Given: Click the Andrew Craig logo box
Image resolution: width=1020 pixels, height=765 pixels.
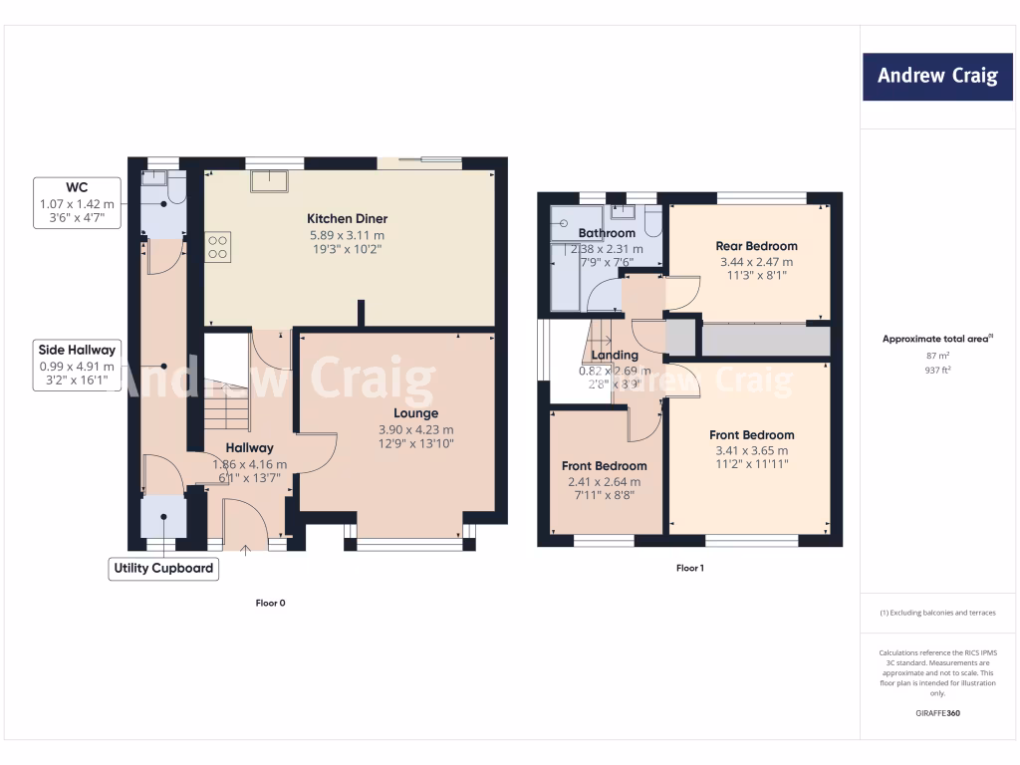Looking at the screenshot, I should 936,76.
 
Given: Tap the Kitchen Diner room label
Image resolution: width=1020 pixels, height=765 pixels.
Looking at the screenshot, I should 347,218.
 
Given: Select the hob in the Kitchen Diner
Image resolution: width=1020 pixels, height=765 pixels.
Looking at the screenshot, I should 218,247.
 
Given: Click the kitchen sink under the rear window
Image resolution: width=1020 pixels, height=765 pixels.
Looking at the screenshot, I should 270,180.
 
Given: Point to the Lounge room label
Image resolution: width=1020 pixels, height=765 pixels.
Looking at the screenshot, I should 415,412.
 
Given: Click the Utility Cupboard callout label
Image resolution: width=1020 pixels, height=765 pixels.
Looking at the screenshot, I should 163,568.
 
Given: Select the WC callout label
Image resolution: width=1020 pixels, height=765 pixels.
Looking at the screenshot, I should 77,186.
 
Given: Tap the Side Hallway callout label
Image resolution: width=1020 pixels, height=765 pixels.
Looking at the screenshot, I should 77,349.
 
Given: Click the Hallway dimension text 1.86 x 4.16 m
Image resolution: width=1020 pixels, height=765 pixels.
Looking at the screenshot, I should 249,464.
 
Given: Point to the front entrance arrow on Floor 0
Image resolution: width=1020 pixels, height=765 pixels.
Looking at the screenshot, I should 245,547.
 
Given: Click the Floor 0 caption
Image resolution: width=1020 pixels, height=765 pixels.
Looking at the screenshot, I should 270,603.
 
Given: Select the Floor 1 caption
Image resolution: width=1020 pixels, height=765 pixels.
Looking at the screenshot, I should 689,568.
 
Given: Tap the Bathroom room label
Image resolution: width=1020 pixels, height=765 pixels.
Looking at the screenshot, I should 607,233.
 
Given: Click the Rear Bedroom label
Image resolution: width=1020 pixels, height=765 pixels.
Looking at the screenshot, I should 756,246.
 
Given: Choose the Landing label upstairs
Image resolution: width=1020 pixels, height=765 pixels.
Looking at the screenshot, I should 615,355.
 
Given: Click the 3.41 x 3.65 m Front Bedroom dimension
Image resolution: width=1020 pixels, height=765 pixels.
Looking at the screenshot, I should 751,449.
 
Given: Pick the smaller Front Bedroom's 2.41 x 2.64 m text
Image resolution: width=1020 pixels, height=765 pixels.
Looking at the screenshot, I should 604,481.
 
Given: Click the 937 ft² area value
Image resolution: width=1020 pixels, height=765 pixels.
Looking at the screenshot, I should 937,368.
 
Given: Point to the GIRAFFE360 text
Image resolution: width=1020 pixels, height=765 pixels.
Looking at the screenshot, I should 937,713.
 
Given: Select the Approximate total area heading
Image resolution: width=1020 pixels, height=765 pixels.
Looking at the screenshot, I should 936,339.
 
